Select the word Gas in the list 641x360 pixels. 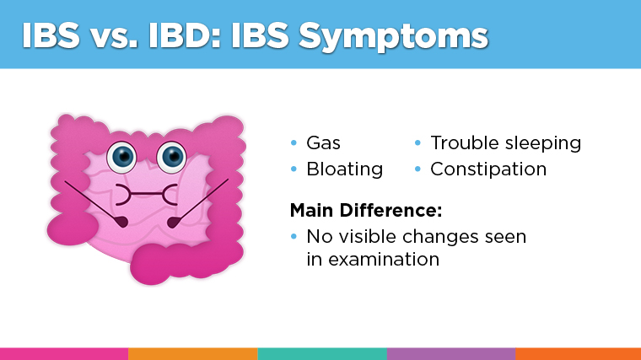pos(323,142)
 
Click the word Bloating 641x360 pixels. pos(344,169)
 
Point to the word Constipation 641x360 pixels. pos(488,169)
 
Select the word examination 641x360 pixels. pos(373,259)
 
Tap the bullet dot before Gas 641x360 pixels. pos(294,143)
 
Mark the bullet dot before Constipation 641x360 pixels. pos(417,169)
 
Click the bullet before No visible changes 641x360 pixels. pos(294,237)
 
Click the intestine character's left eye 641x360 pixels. pos(123,155)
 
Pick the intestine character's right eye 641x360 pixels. pos(172,155)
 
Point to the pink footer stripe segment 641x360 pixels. pos(64,353)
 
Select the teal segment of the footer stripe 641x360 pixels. pos(322,353)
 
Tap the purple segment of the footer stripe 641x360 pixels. pos(451,353)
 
